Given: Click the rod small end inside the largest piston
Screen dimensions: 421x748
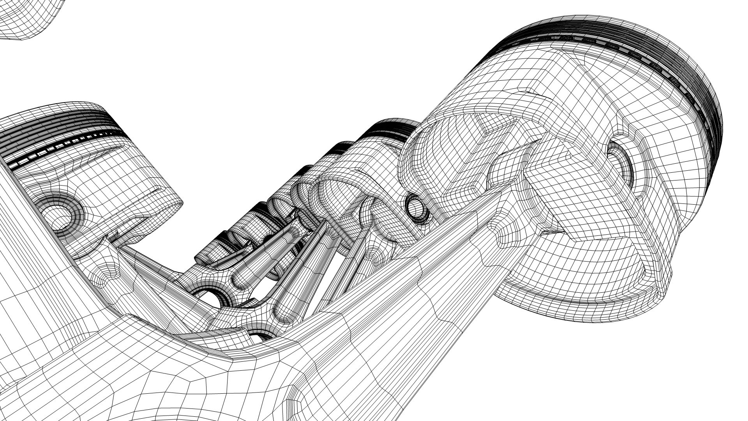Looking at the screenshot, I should [x=514, y=164].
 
